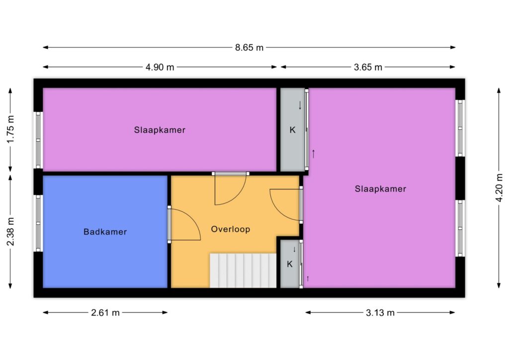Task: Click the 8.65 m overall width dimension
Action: point(249,48)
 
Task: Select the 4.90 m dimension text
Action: point(160,67)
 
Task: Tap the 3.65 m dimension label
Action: point(368,67)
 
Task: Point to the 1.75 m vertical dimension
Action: point(11,129)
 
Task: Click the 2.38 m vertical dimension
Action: point(11,232)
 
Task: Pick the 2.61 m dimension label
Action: point(105,313)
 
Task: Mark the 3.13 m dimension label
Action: point(380,313)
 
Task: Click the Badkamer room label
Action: point(105,232)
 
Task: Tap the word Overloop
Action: point(231,229)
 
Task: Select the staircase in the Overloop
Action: point(243,270)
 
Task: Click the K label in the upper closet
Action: point(292,130)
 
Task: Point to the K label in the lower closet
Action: point(290,264)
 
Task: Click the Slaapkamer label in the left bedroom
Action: point(160,130)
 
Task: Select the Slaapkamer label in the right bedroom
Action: point(380,188)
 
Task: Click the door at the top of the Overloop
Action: point(231,188)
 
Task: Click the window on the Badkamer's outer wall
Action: point(38,223)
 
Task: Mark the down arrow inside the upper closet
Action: point(300,105)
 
